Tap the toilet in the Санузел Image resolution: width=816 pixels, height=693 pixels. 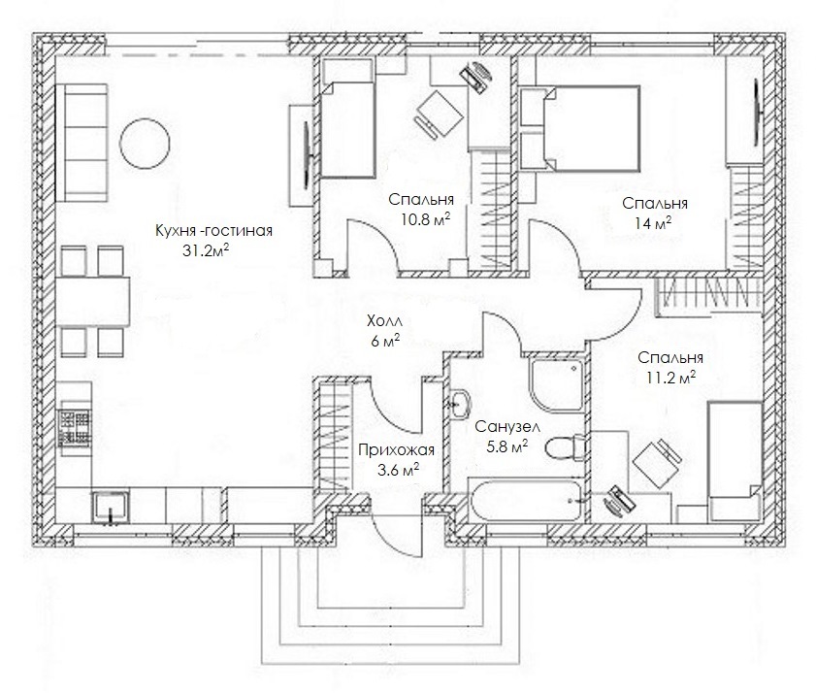pos(566,446)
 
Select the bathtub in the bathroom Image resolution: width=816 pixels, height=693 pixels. pos(525,501)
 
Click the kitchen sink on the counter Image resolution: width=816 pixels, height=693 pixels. pos(111,507)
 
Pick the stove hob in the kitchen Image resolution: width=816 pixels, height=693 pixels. pos(75,428)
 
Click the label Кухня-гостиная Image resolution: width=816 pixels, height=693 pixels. pos(213,231)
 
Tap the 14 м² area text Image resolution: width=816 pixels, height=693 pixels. pos(653,223)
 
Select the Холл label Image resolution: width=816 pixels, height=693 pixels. pos(384,320)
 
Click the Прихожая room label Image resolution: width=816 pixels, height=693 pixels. pos(396,449)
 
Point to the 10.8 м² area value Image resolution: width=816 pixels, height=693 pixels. pos(425,218)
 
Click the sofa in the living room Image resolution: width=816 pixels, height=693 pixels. pos(82,143)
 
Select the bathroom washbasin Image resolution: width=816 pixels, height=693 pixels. pos(460,404)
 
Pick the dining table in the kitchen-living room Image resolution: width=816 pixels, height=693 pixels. pos(92,302)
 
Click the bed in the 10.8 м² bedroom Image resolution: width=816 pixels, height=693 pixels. pos(347,130)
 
